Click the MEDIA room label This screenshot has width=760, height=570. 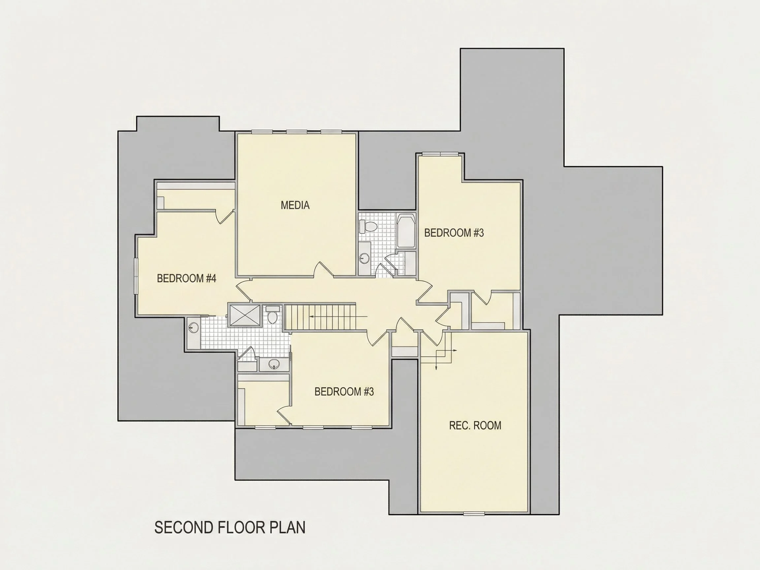click(x=295, y=205)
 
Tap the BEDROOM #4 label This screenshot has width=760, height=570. click(x=187, y=278)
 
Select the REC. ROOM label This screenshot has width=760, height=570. click(x=475, y=426)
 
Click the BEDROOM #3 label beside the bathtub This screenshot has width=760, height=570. click(x=454, y=233)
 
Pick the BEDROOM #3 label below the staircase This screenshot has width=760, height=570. click(x=344, y=392)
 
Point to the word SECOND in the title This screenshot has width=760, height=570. click(x=184, y=527)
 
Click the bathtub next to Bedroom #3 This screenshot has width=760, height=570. click(x=406, y=231)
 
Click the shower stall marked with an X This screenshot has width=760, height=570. click(x=245, y=315)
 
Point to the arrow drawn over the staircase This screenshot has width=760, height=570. click(x=338, y=316)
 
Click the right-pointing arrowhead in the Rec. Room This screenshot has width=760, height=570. click(x=455, y=350)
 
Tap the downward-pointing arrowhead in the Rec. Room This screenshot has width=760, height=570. click(x=436, y=368)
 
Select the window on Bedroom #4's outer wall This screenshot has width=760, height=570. click(x=136, y=276)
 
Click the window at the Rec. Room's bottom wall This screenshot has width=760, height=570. click(x=474, y=514)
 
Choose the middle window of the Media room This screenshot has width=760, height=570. click(x=297, y=132)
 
